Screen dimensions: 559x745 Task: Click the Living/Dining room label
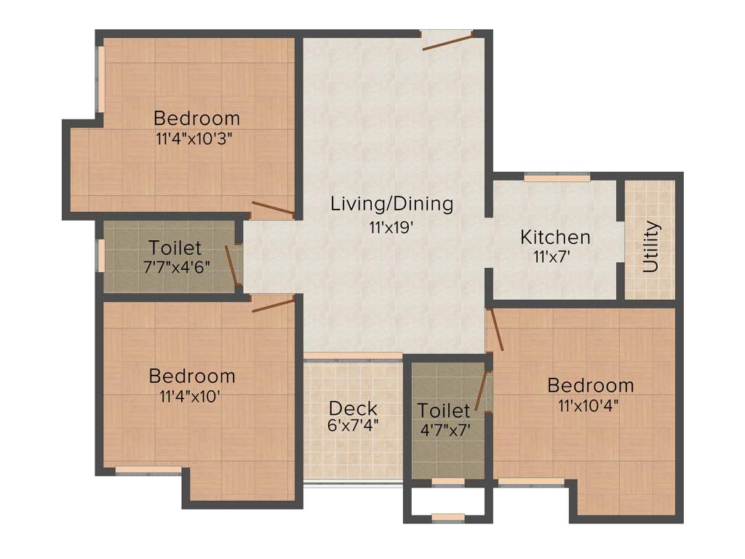391,204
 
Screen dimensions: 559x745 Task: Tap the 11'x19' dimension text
391,227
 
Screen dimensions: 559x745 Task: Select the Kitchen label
555,237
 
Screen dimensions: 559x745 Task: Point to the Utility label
651,247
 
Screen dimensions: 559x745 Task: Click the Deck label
353,408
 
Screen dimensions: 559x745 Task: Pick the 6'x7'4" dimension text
353,424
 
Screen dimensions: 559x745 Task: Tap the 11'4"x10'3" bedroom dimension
196,138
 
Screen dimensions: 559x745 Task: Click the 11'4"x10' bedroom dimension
191,397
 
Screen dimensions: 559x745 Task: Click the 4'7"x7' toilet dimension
444,429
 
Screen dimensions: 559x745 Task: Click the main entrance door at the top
447,41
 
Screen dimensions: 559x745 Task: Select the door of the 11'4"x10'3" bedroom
273,209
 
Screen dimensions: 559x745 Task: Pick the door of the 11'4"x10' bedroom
273,304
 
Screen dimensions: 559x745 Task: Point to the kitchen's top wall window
557,178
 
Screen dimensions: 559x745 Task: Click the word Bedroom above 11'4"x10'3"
196,118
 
